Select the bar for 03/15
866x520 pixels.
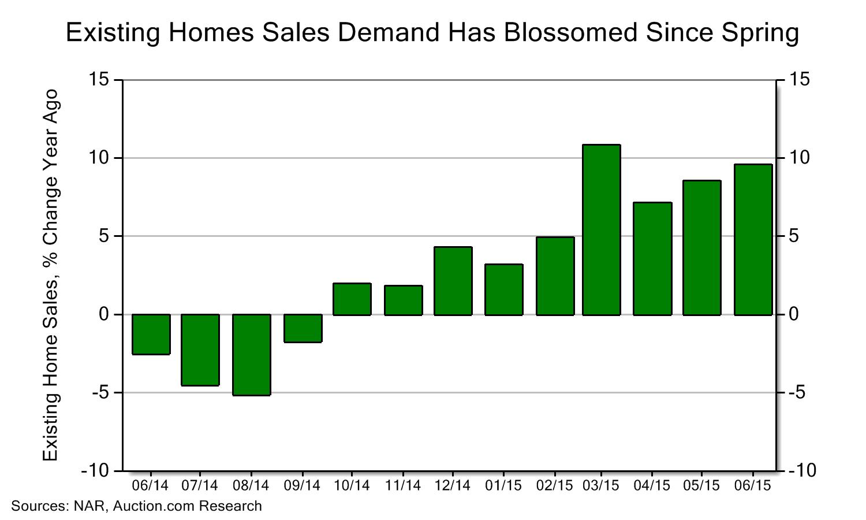[x=602, y=230]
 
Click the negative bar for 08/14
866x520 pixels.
[x=252, y=355]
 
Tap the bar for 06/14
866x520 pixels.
[x=151, y=335]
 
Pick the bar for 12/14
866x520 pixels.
[x=453, y=281]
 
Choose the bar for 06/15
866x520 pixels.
[x=753, y=240]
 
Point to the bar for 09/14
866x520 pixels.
[x=303, y=328]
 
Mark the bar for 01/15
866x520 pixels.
[x=504, y=289]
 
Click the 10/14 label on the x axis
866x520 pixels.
[x=352, y=485]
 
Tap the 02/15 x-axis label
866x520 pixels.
[x=555, y=485]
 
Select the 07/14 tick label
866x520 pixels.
[x=200, y=485]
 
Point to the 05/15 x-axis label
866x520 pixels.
[x=701, y=485]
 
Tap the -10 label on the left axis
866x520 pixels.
[x=95, y=471]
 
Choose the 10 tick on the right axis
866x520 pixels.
[x=796, y=158]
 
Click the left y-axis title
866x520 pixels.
[x=51, y=275]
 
